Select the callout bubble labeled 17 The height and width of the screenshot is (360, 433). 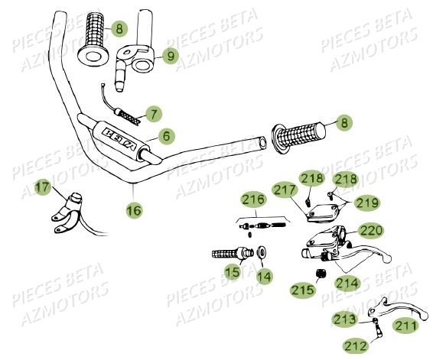44,186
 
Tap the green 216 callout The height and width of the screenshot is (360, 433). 254,200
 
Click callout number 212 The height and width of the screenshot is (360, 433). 356,346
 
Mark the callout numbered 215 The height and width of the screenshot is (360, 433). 301,290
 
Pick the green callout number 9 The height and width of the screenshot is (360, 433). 169,55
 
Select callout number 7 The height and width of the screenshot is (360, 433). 154,115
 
